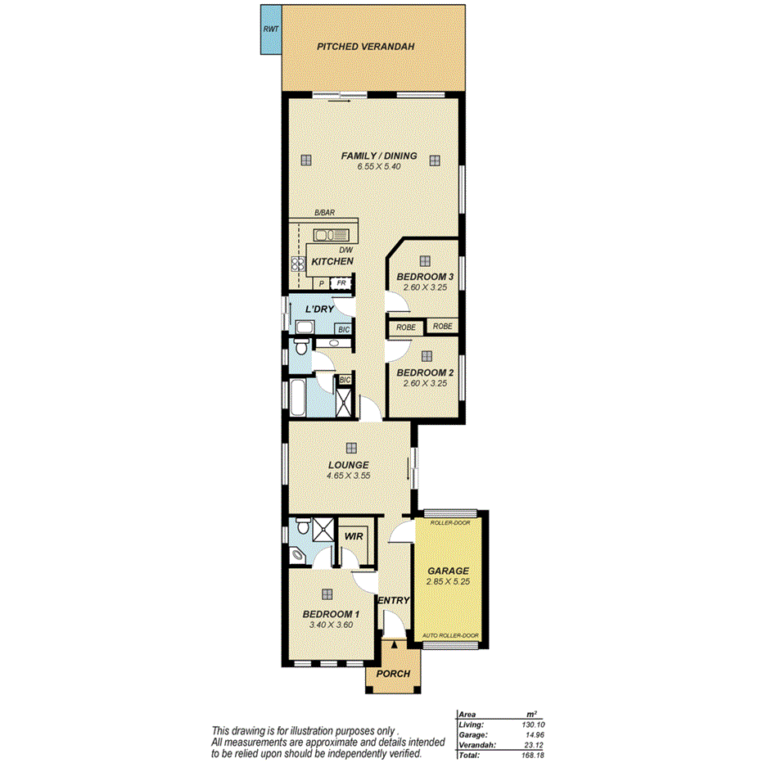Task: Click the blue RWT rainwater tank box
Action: (269, 29)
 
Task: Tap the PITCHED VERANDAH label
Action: (365, 47)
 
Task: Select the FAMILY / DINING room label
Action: (379, 156)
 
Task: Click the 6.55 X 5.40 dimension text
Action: (379, 166)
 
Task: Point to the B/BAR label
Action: (325, 213)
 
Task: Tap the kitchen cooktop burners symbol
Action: (297, 264)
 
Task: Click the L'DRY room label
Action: (318, 309)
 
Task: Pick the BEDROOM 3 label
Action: (425, 278)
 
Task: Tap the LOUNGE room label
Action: (350, 464)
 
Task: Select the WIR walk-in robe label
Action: (354, 536)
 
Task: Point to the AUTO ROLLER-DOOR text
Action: (450, 635)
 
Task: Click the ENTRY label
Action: (394, 600)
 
